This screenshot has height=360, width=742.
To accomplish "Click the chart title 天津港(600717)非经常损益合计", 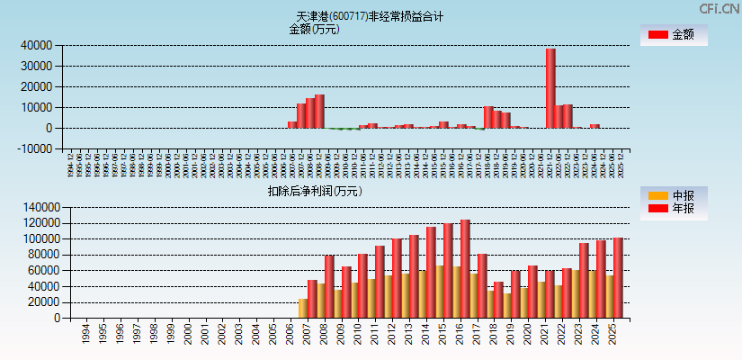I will (x=370, y=16).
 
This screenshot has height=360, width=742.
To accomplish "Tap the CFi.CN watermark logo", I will (x=719, y=9).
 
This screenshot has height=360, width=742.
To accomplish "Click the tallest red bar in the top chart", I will (x=550, y=88).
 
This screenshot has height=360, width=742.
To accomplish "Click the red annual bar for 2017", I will (x=465, y=268).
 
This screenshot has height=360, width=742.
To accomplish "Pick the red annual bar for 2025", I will (x=618, y=277).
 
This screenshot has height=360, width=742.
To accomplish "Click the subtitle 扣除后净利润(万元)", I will (x=315, y=191).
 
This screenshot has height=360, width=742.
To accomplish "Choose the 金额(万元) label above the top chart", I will (x=314, y=29).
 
